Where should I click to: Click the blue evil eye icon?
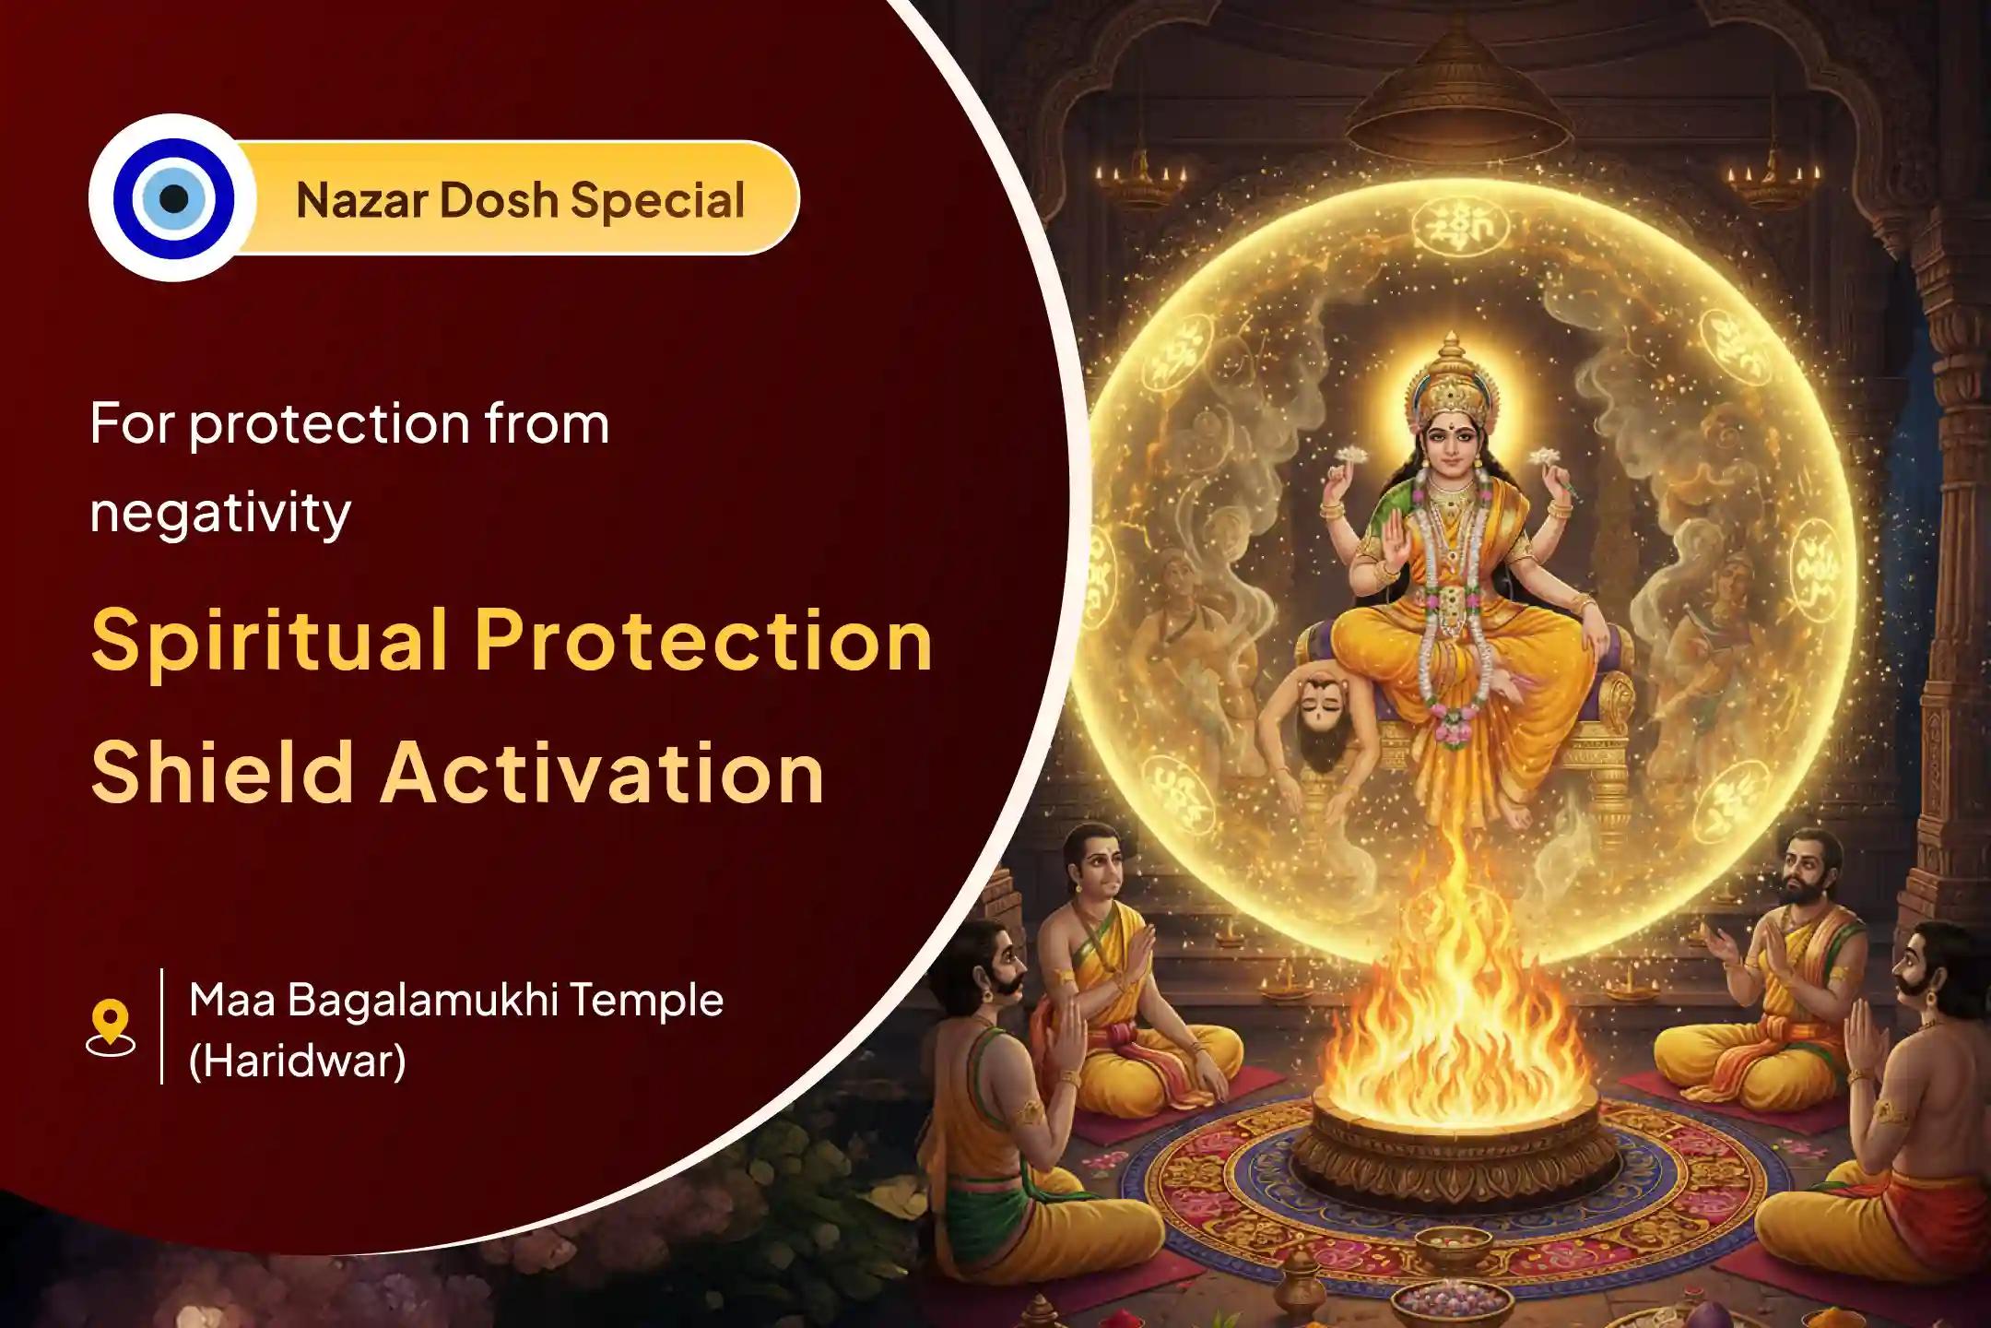pyautogui.click(x=173, y=198)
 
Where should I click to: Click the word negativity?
pyautogui.click(x=220, y=513)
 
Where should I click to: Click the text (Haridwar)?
pyautogui.click(x=297, y=1061)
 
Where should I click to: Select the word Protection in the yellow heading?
pyautogui.click(x=703, y=641)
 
